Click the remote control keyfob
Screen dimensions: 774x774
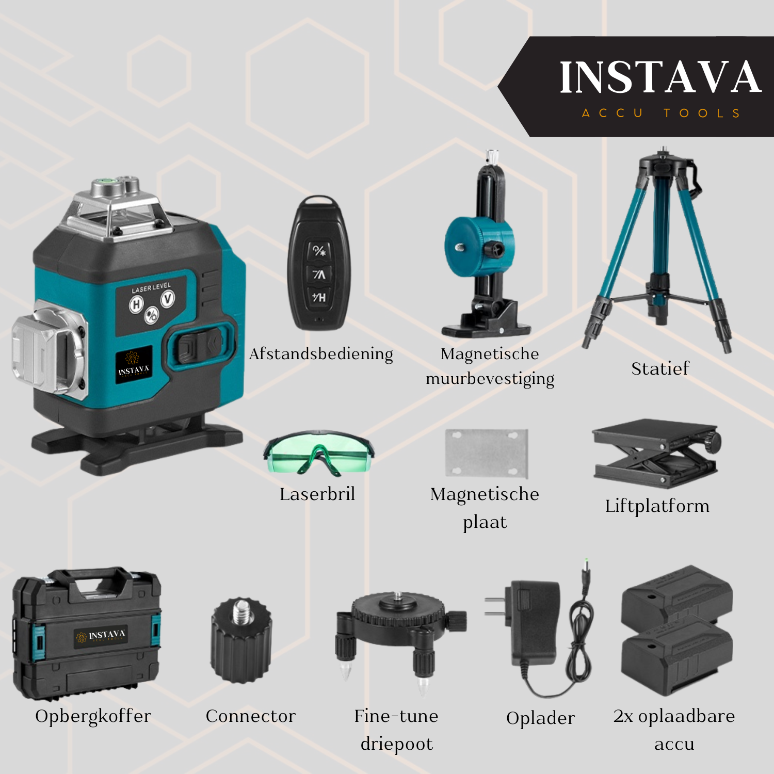click(318, 263)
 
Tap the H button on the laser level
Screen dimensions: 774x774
click(136, 304)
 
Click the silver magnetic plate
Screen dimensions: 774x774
click(487, 453)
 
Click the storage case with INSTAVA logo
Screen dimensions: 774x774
click(87, 633)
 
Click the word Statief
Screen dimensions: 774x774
click(660, 368)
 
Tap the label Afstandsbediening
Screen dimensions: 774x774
click(321, 354)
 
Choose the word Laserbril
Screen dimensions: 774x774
click(317, 494)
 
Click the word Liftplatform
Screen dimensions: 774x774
click(657, 506)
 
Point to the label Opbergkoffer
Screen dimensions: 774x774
click(93, 716)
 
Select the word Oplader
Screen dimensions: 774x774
click(540, 718)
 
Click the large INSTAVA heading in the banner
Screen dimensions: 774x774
click(660, 77)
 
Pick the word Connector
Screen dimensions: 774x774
click(251, 716)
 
